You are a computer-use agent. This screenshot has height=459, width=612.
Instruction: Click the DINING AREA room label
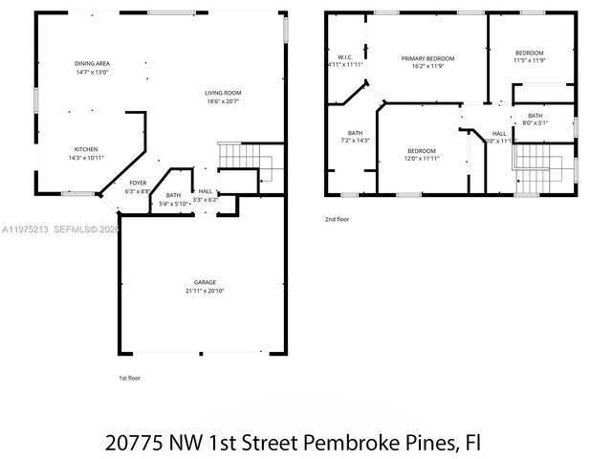tap(93, 63)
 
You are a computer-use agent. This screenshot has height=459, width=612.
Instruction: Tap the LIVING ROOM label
tap(222, 93)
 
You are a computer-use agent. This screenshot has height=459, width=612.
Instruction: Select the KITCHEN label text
tap(87, 149)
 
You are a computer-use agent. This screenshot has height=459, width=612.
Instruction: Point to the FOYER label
tap(139, 183)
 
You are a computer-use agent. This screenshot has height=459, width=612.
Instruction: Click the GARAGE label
tap(205, 282)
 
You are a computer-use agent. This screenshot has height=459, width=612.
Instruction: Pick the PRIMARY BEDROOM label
tap(427, 58)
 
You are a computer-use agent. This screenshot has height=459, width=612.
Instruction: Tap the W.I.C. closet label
tap(346, 57)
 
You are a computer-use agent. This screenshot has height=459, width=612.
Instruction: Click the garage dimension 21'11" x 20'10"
tap(205, 291)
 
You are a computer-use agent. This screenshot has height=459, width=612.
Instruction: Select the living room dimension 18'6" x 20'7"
tap(222, 101)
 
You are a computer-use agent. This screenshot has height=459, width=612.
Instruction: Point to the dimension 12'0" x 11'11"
tap(422, 159)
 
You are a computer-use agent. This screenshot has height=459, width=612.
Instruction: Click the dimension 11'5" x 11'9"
tap(529, 60)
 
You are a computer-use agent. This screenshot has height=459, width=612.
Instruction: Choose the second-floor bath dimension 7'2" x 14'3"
tap(355, 141)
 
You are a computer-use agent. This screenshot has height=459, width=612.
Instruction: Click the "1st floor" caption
tap(129, 378)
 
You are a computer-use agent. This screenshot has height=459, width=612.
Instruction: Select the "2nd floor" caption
tap(337, 219)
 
